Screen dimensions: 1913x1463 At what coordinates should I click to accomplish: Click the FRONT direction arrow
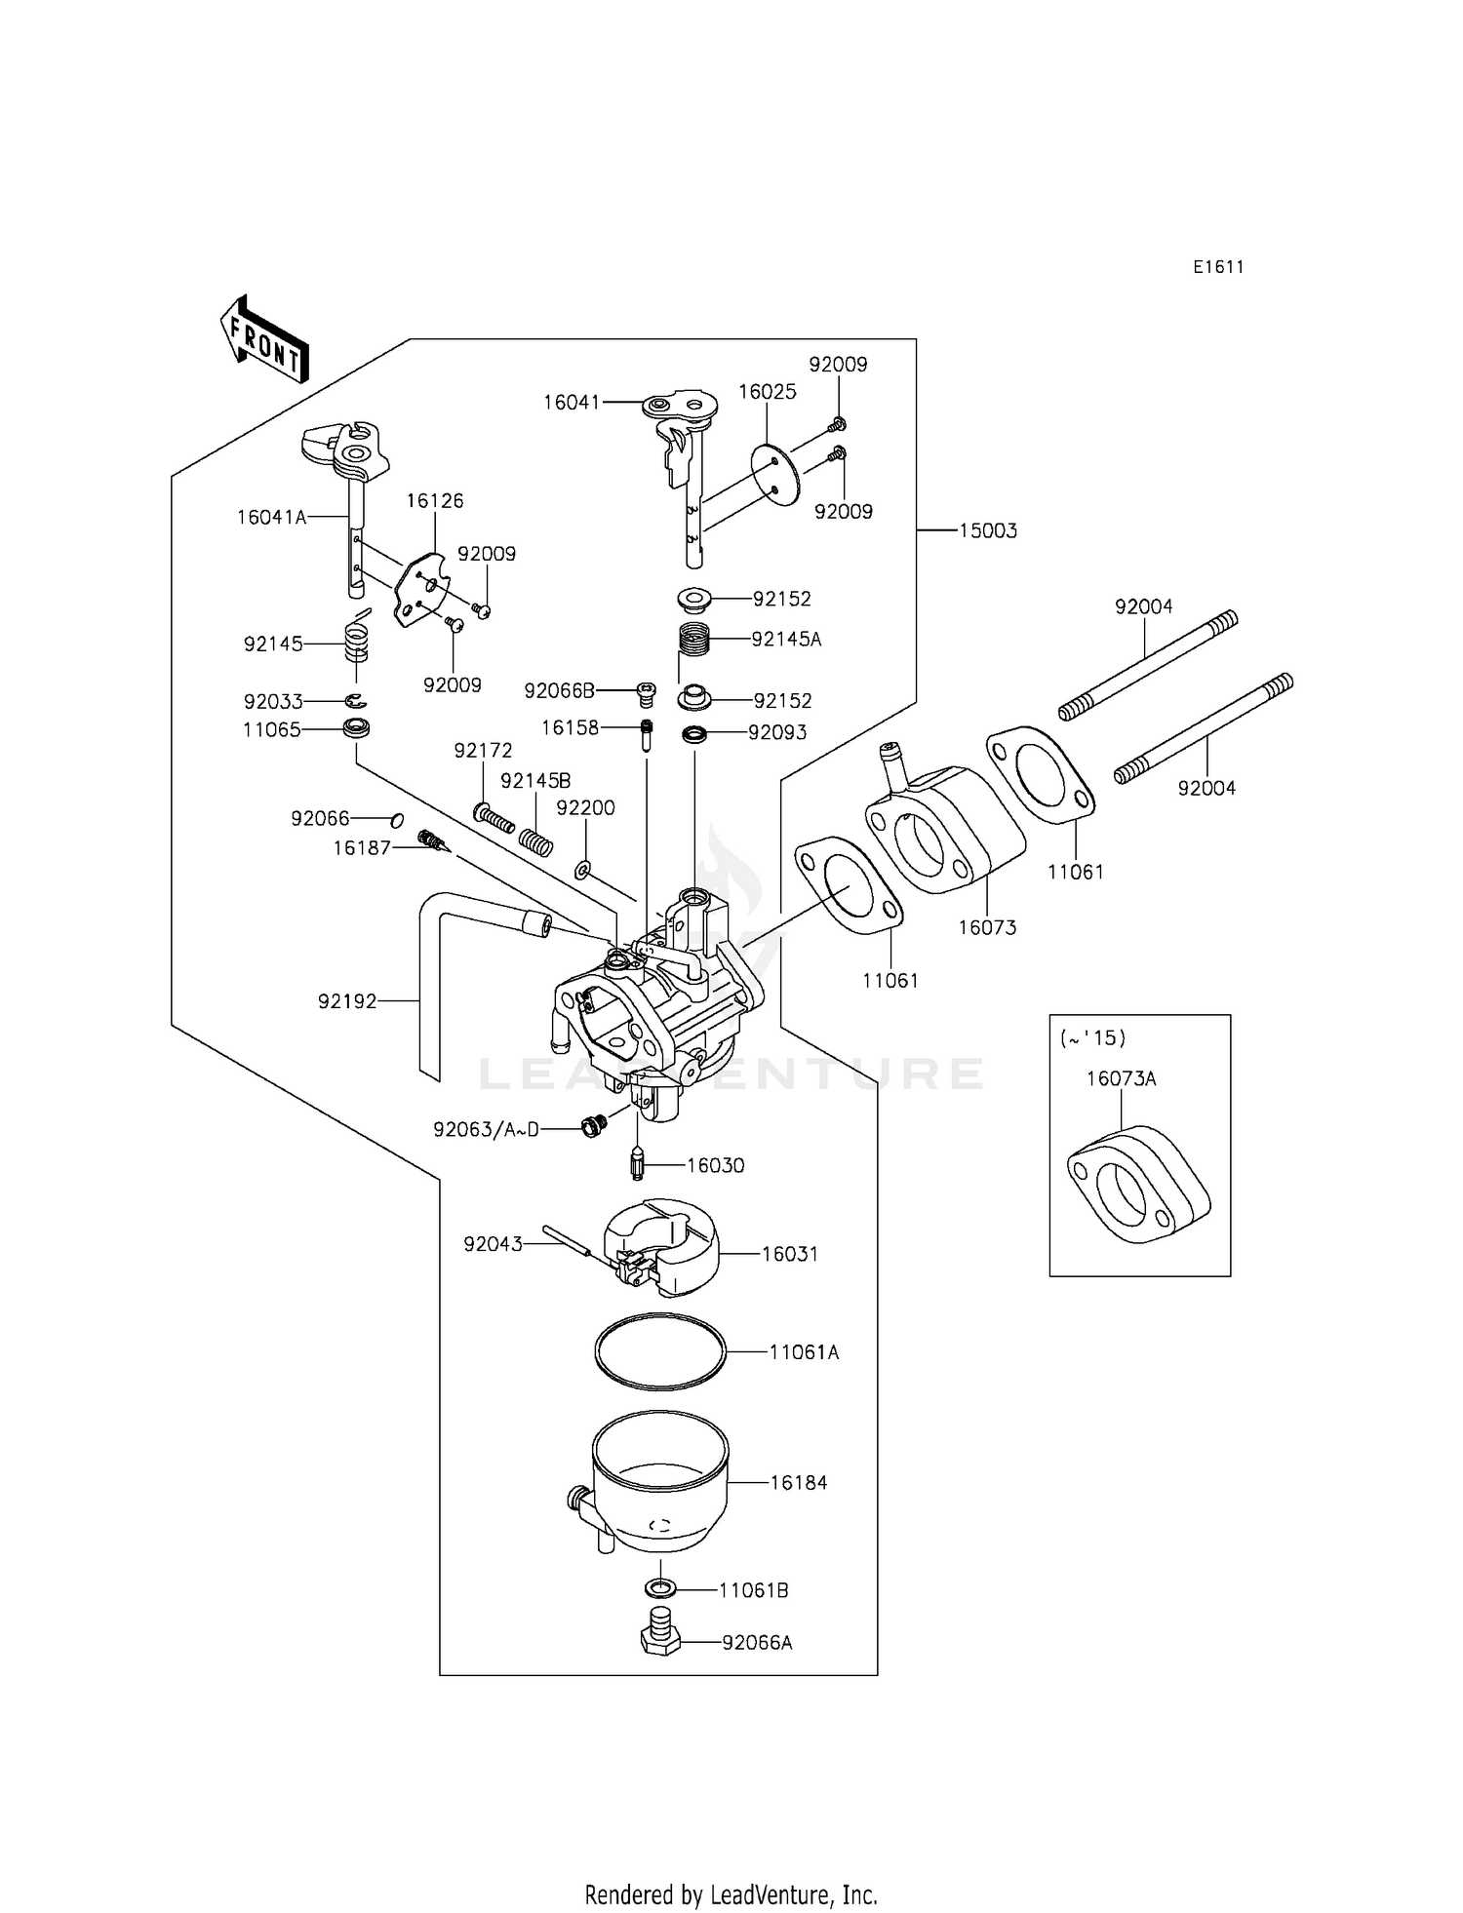pyautogui.click(x=264, y=338)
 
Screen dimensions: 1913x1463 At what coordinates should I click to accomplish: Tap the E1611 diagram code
pyautogui.click(x=1218, y=267)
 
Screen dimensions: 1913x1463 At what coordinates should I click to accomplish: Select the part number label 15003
pyautogui.click(x=987, y=531)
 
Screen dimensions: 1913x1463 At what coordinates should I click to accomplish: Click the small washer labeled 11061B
pyautogui.click(x=661, y=1589)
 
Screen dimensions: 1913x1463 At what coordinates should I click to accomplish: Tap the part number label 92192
pyautogui.click(x=347, y=1001)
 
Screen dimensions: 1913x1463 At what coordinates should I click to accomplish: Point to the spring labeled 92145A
pyautogui.click(x=692, y=641)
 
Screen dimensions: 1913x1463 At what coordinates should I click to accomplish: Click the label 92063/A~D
pyautogui.click(x=486, y=1130)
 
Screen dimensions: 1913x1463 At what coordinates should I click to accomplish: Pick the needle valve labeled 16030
pyautogui.click(x=637, y=1163)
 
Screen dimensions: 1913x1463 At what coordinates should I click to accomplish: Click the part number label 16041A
pyautogui.click(x=271, y=518)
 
